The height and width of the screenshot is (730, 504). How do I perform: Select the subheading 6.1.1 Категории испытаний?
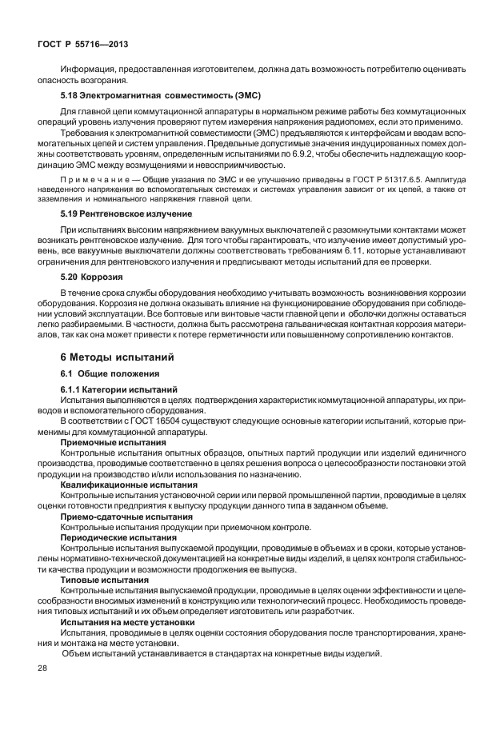(x=114, y=389)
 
